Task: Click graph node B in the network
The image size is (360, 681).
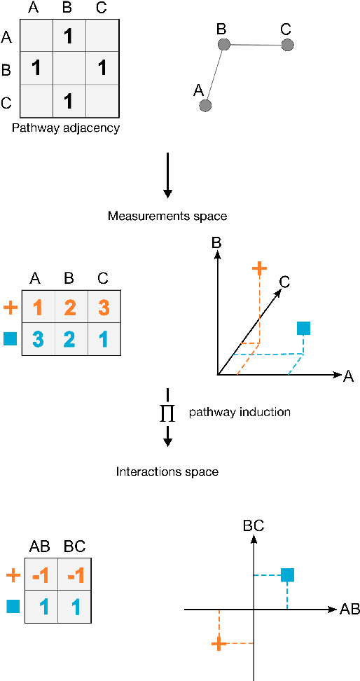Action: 224,45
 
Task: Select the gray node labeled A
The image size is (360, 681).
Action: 205,106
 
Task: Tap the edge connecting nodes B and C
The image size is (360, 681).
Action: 256,46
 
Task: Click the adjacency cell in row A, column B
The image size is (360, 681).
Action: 69,36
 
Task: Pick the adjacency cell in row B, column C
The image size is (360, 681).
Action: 102,69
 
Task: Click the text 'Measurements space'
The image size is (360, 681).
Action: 167,216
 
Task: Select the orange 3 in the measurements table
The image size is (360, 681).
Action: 104,307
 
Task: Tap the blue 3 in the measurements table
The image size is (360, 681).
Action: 39,340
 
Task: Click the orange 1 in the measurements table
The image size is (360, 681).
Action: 39,307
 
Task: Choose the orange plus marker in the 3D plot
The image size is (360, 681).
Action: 259,268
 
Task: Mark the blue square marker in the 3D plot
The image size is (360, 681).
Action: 303,327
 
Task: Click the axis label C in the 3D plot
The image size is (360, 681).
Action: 285,281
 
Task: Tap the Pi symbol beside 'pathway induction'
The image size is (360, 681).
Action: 167,414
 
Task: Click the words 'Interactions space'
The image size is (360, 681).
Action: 167,472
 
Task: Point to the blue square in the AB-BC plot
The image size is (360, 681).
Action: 287,575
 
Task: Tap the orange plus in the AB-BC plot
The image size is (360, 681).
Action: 219,643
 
